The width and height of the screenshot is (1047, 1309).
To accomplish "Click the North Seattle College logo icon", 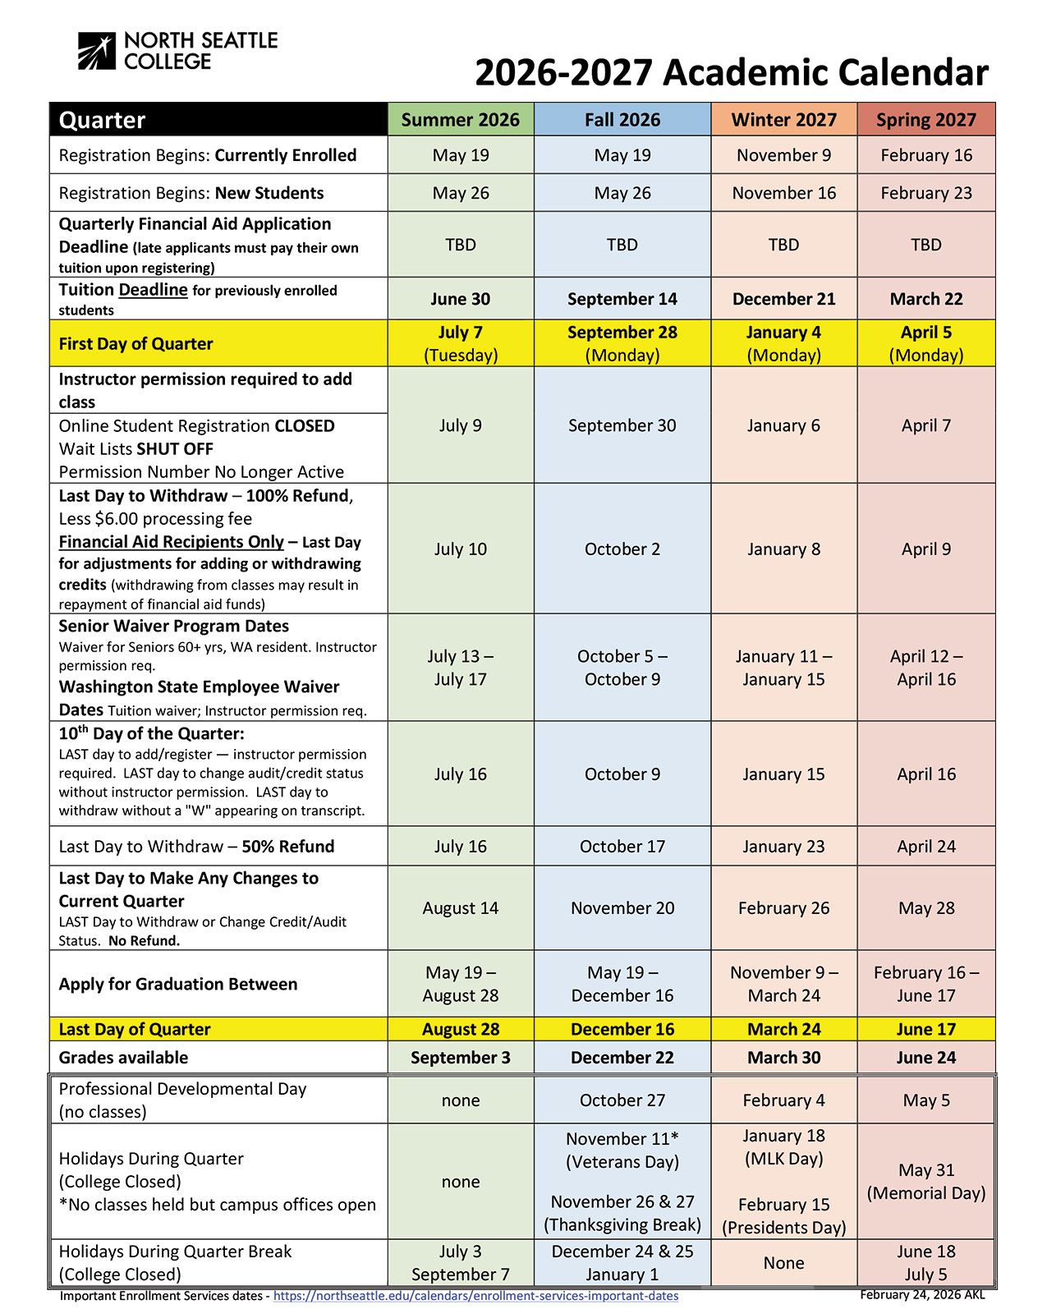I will pyautogui.click(x=97, y=51).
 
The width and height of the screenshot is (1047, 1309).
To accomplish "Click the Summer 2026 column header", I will pyautogui.click(x=460, y=120).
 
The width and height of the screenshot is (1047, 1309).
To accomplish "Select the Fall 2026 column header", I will pyautogui.click(x=622, y=120).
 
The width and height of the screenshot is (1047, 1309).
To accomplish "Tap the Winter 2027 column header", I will pyautogui.click(x=783, y=120).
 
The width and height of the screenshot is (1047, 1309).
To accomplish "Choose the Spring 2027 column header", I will pyautogui.click(x=925, y=120).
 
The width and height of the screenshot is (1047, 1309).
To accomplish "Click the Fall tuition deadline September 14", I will pyautogui.click(x=622, y=299).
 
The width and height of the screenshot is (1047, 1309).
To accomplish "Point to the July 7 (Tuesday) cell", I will pyautogui.click(x=460, y=343).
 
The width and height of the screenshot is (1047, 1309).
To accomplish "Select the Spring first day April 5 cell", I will pyautogui.click(x=925, y=343).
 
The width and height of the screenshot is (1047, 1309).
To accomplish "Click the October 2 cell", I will pyautogui.click(x=622, y=549).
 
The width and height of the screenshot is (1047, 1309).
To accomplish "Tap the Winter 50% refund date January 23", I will pyautogui.click(x=783, y=846).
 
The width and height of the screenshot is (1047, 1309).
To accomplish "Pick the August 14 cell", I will pyautogui.click(x=460, y=907).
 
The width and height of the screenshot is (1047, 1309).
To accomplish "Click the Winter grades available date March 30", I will pyautogui.click(x=783, y=1058).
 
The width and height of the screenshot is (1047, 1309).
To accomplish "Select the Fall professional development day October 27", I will pyautogui.click(x=622, y=1100).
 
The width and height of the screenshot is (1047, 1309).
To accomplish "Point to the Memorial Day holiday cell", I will pyautogui.click(x=925, y=1181).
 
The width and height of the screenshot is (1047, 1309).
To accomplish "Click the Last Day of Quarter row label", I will pyautogui.click(x=135, y=1029).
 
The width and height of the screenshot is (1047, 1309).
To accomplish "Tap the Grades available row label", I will pyautogui.click(x=123, y=1058).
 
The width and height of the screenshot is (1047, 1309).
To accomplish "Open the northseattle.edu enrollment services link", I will pyautogui.click(x=475, y=1296).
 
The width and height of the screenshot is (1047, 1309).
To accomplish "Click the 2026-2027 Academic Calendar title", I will pyautogui.click(x=731, y=72).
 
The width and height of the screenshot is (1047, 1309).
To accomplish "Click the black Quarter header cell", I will pyautogui.click(x=218, y=120).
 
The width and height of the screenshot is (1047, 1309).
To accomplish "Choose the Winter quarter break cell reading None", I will pyautogui.click(x=783, y=1263).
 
